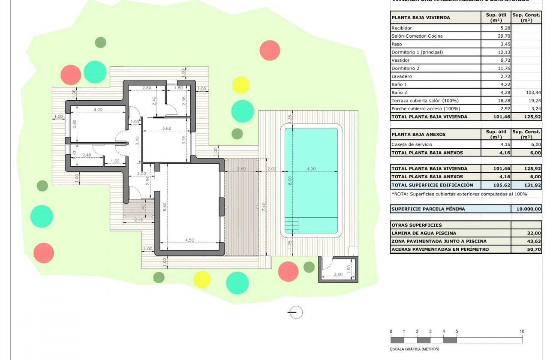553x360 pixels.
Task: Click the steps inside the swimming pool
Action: coord(292,224)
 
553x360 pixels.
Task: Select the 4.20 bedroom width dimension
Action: coord(98,109)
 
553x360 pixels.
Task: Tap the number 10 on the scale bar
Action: coord(522,331)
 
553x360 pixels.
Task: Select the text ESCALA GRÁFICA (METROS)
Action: coord(412,349)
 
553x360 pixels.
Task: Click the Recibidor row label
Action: coord(401,28)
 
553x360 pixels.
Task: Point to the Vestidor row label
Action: coord(400,60)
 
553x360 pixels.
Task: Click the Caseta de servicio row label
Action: coord(412,144)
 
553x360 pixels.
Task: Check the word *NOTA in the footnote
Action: coord(400,194)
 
